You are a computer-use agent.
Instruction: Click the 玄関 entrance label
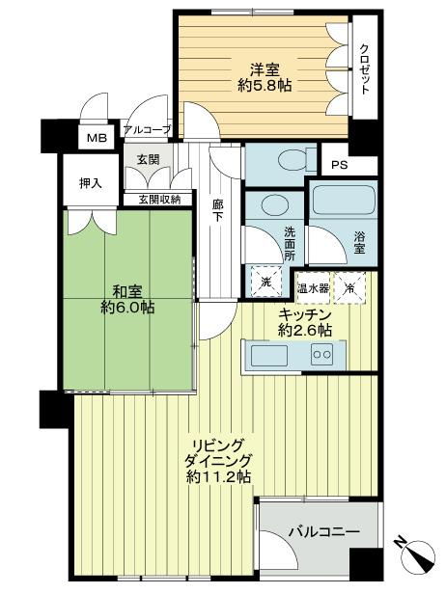148,159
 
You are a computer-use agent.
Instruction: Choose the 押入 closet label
89,181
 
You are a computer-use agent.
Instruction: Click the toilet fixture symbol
285,161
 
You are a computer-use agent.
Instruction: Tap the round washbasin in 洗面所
274,205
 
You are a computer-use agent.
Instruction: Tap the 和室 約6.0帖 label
128,298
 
